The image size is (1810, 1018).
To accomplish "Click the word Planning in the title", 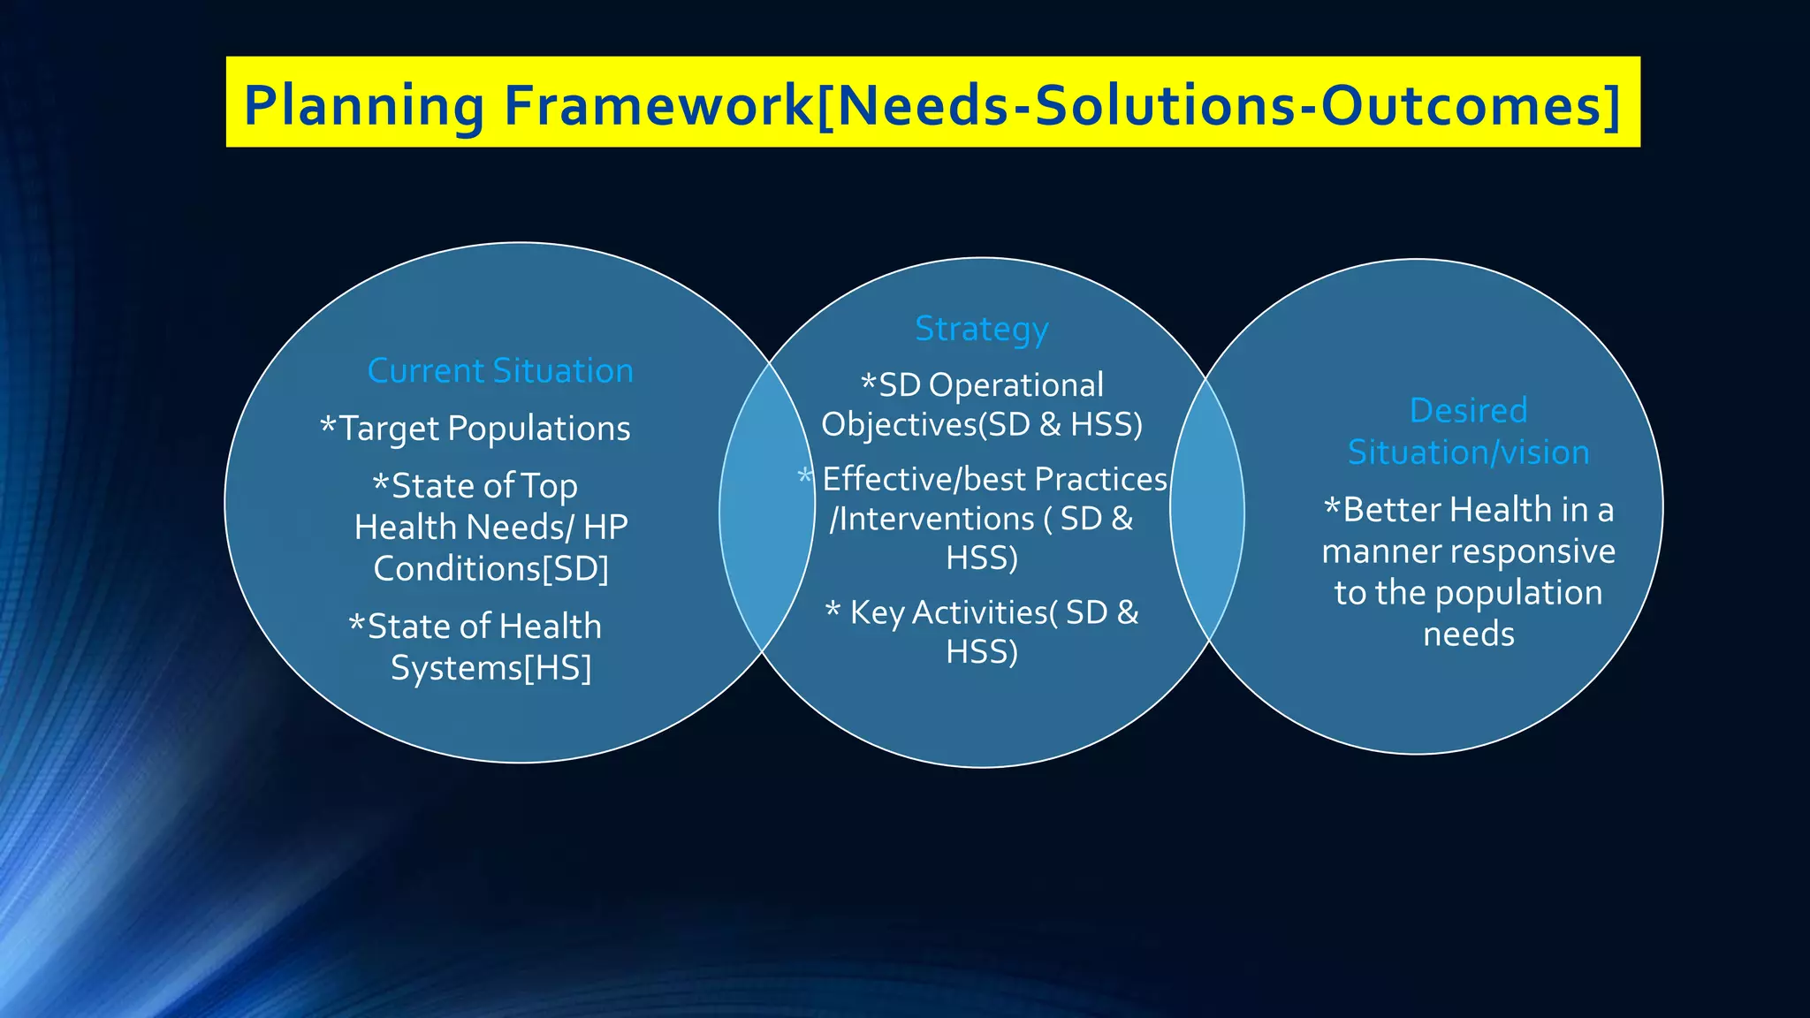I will click(363, 105).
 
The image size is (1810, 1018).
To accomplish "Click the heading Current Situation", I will click(500, 370).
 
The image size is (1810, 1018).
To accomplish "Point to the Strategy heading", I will click(981, 329).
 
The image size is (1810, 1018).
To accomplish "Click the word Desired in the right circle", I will click(1468, 410).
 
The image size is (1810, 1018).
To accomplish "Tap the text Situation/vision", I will click(1468, 452).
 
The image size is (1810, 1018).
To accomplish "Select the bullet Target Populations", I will click(484, 429).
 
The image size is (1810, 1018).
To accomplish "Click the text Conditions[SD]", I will click(491, 568).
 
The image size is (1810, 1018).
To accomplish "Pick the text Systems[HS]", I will click(491, 668).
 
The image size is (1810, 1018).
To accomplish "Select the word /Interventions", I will click(932, 519).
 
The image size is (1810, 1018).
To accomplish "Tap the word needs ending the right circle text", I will click(1468, 634).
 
